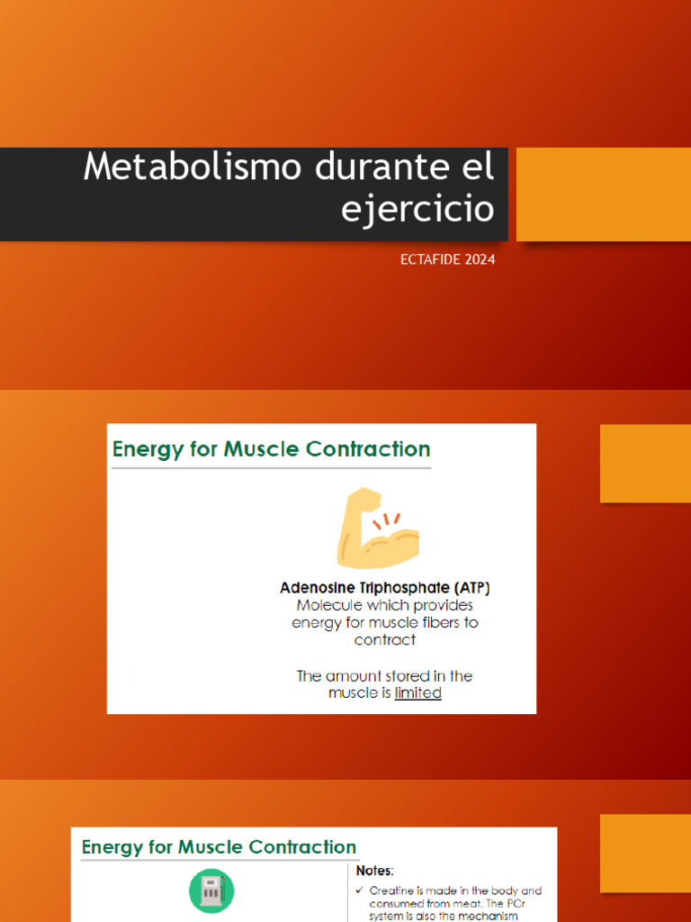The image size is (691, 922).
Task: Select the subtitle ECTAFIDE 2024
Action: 447,260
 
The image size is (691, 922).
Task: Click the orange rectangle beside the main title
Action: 603,194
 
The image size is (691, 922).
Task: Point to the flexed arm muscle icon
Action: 377,528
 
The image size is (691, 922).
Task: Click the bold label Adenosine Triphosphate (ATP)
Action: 385,588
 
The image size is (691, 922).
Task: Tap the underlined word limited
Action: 418,693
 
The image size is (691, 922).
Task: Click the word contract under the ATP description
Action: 385,640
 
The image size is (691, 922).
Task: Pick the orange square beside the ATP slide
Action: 645,464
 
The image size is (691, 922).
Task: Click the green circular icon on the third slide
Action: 211,891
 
